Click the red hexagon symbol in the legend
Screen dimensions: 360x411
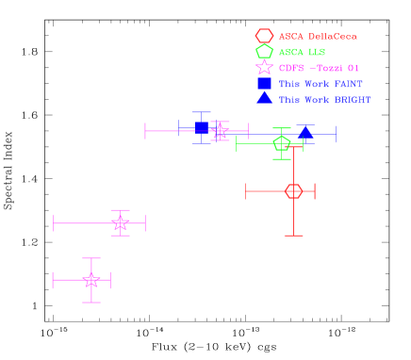pos(264,36)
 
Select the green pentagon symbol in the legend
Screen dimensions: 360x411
pos(264,52)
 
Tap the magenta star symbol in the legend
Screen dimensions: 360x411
pos(264,68)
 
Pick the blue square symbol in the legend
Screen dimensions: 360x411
pos(264,83)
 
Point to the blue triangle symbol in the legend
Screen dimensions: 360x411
pos(264,98)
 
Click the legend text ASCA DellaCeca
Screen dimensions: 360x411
pos(318,37)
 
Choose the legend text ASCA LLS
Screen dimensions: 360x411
pos(302,52)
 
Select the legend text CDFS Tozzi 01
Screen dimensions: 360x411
pos(319,68)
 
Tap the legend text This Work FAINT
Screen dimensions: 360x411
pos(320,84)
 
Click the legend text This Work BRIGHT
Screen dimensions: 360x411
pos(324,99)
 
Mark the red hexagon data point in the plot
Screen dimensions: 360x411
pos(293,191)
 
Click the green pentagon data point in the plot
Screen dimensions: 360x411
pos(281,143)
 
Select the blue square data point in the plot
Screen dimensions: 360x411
pos(202,128)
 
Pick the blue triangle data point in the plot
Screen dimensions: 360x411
pos(305,133)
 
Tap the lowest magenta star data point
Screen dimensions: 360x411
pos(91,280)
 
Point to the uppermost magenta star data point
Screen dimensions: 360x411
pos(220,131)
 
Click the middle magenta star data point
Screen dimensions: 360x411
pos(120,222)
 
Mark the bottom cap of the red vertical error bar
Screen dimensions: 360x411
pos(293,235)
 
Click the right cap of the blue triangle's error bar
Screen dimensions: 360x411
pos(335,134)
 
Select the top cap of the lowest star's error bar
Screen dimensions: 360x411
pos(91,258)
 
